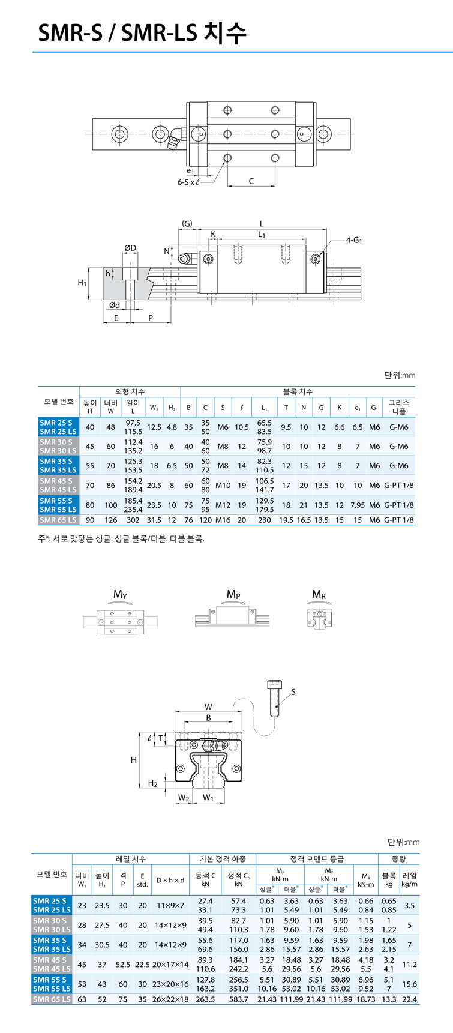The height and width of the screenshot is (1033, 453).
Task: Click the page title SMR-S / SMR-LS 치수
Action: click(x=142, y=34)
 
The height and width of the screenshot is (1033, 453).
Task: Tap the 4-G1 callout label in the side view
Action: click(x=355, y=240)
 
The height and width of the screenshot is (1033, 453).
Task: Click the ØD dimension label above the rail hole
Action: click(x=130, y=248)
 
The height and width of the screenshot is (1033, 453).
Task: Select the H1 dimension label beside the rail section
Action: click(x=83, y=282)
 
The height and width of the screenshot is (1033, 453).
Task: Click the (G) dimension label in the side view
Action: click(x=187, y=224)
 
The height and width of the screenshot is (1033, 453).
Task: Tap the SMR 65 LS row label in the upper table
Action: click(x=58, y=520)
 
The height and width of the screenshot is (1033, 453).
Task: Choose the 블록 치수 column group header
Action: click(x=298, y=391)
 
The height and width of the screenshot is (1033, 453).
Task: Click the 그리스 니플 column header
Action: click(x=399, y=407)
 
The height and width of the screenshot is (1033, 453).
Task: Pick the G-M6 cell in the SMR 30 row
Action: click(x=399, y=446)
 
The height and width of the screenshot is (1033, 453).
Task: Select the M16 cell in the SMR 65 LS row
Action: click(x=223, y=520)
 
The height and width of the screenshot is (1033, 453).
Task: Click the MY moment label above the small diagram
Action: click(x=120, y=595)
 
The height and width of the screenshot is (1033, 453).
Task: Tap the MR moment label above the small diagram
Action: click(x=319, y=595)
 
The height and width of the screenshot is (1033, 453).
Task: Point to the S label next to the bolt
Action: click(x=293, y=692)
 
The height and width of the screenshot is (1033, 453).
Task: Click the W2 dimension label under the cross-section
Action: click(x=184, y=798)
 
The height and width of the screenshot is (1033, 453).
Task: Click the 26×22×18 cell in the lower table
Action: click(x=170, y=999)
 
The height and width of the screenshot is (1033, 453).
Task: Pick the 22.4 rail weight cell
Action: click(x=410, y=999)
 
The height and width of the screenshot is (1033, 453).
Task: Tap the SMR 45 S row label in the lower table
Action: click(x=50, y=960)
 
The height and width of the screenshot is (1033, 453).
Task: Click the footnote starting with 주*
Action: click(x=121, y=538)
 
